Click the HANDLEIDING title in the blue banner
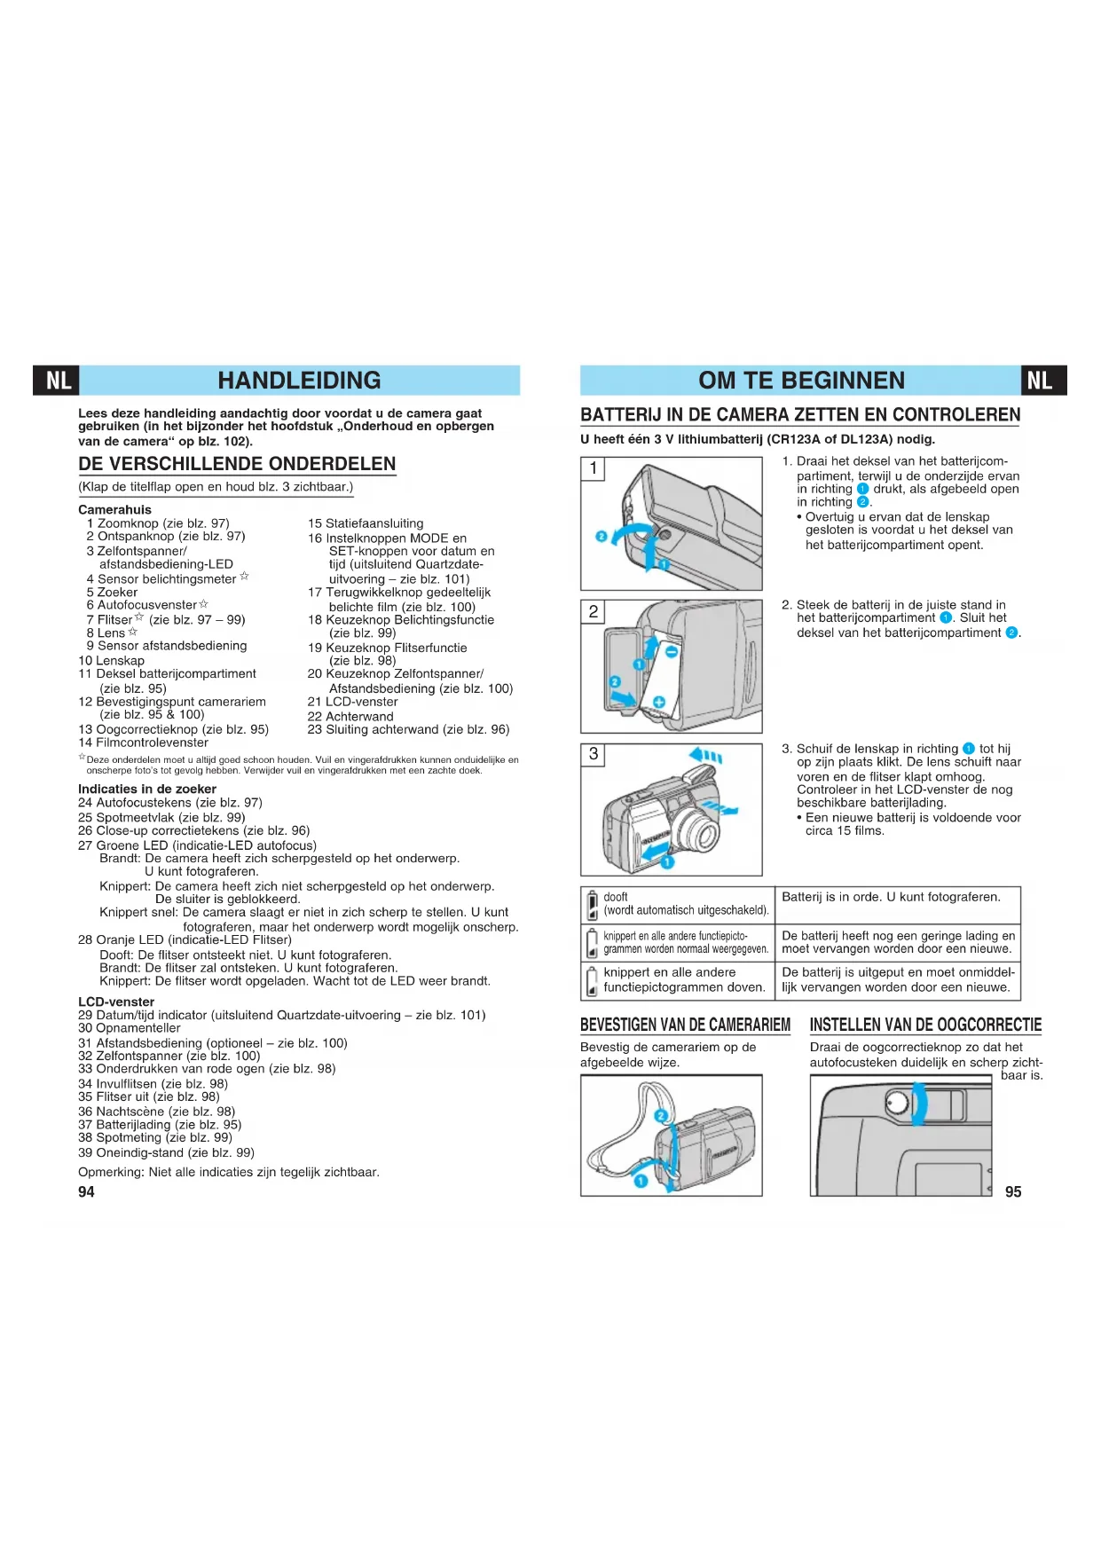[x=299, y=381]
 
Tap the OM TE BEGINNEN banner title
[x=801, y=381]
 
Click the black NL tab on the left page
[x=58, y=381]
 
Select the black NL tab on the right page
[x=1042, y=381]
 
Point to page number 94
[x=86, y=1191]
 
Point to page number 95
[x=1013, y=1191]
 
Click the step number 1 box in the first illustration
[x=594, y=468]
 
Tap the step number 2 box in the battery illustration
[x=594, y=611]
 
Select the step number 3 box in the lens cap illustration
[x=594, y=754]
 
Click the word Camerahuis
[x=114, y=510]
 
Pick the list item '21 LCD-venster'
[x=353, y=702]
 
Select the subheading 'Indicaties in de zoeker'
[x=147, y=789]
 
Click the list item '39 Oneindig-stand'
[x=166, y=1152]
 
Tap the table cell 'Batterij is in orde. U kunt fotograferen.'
[x=891, y=897]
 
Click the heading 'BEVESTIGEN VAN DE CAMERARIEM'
[x=685, y=1025]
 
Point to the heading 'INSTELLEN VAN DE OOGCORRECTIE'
[x=925, y=1025]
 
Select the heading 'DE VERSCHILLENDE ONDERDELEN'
[x=237, y=464]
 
